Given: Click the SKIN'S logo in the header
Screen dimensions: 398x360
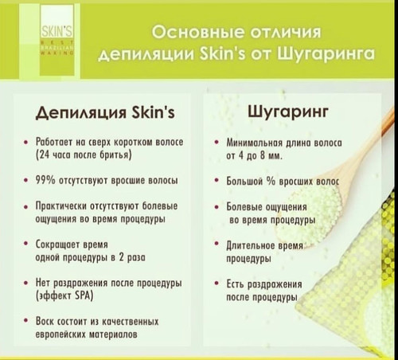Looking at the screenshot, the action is coord(57,40).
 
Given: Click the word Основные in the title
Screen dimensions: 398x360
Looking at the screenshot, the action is coord(197,33).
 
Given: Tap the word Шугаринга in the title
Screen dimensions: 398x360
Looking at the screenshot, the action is coord(326,54).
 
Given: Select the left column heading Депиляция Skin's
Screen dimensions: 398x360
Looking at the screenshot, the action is coord(105,112).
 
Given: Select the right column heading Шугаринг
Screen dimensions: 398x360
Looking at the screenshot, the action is coord(288,112).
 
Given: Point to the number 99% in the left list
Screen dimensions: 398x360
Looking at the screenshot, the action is coord(45,180).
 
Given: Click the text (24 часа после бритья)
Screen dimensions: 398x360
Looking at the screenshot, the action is coord(84,155).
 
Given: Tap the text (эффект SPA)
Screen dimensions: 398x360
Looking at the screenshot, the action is coord(64,295).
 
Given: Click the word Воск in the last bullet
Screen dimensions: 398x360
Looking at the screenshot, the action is coord(45,321).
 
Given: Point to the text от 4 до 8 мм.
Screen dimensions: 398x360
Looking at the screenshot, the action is coord(254,155).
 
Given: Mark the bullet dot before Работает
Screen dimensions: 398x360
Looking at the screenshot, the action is coord(25,142).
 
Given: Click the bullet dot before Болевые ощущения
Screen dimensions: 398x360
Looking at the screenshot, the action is coord(217,207).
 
